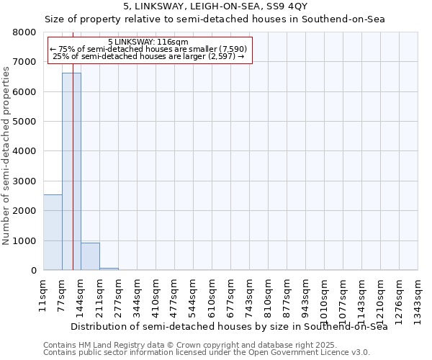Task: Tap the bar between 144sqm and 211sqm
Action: click(x=90, y=256)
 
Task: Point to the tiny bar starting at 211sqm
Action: click(x=109, y=269)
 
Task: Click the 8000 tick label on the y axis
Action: click(x=24, y=32)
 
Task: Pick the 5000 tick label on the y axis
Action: click(x=24, y=122)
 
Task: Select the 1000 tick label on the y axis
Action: click(x=24, y=240)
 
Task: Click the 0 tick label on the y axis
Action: click(x=33, y=271)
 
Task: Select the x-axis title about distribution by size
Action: click(x=230, y=327)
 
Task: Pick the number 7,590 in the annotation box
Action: click(x=232, y=49)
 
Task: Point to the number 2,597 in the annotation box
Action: click(x=220, y=56)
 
